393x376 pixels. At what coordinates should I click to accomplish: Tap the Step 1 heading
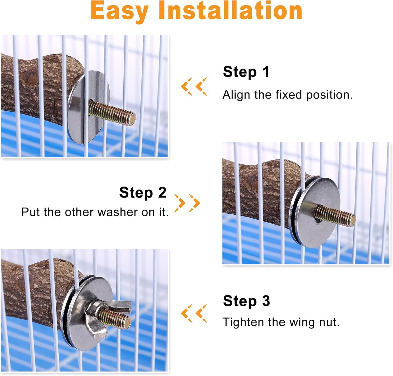[x=246, y=72]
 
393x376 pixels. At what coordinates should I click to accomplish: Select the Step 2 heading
[x=143, y=193]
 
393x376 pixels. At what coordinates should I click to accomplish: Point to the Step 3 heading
[x=246, y=301]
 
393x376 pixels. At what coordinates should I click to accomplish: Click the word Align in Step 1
[x=236, y=95]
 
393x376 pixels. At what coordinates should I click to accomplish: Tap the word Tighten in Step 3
[x=243, y=322]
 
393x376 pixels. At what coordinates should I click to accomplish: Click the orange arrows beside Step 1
[x=194, y=87]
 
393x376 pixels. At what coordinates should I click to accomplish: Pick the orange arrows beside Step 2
[x=187, y=203]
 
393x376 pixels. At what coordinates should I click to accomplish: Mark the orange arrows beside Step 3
[x=194, y=313]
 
